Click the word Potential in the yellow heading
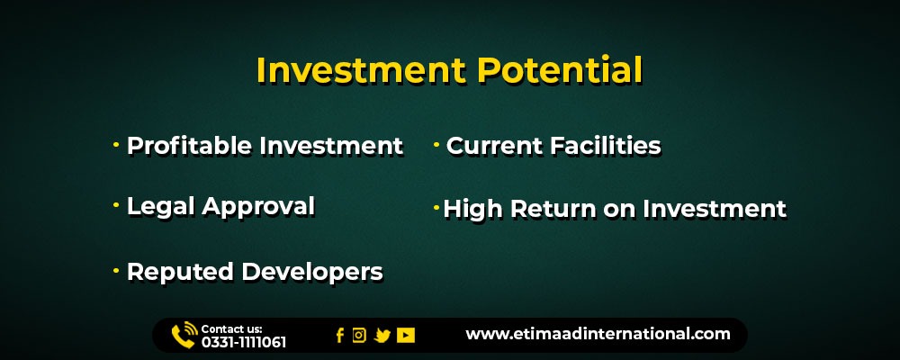pyautogui.click(x=560, y=70)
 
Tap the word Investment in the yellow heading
pyautogui.click(x=361, y=70)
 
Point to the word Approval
pyautogui.click(x=258, y=208)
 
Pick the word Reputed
pyautogui.click(x=180, y=273)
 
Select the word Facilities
pyautogui.click(x=606, y=146)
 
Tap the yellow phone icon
pyautogui.click(x=184, y=336)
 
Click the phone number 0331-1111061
pyautogui.click(x=243, y=343)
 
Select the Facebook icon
pyautogui.click(x=340, y=336)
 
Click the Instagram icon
pyautogui.click(x=359, y=336)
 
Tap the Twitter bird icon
pyautogui.click(x=382, y=336)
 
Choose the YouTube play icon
pyautogui.click(x=406, y=336)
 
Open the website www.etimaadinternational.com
pyautogui.click(x=598, y=334)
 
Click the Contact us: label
pyautogui.click(x=232, y=329)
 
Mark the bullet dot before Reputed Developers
pyautogui.click(x=116, y=270)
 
